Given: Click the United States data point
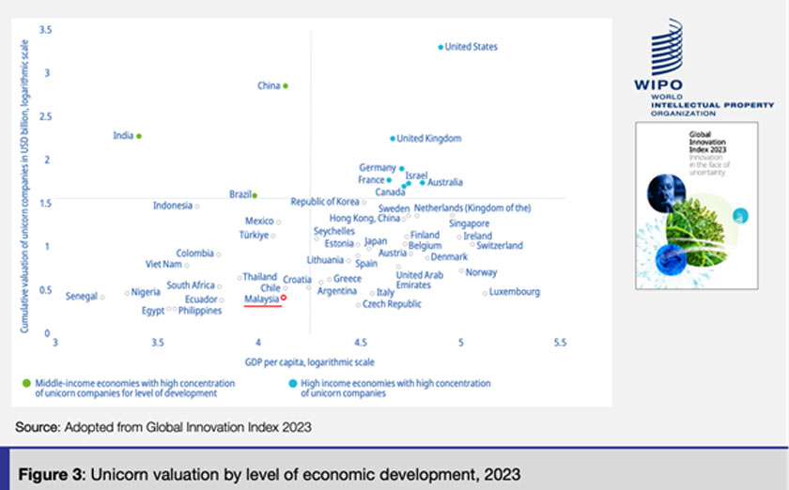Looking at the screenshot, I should pos(440,47).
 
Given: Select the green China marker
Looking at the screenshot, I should pos(286,85).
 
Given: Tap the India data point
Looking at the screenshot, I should pos(139,136).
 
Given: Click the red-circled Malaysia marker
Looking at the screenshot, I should pos(284,298).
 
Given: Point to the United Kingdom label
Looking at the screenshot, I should pos(429,139).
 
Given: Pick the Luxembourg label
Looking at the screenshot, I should pos(516,292).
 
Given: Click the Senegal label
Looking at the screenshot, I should pos(82,297).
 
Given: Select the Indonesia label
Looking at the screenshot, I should pos(173,206).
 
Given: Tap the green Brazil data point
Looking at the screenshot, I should pos(255,195).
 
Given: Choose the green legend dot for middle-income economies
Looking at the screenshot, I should pos(27,383).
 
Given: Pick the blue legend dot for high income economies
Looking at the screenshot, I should pos(292,383).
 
